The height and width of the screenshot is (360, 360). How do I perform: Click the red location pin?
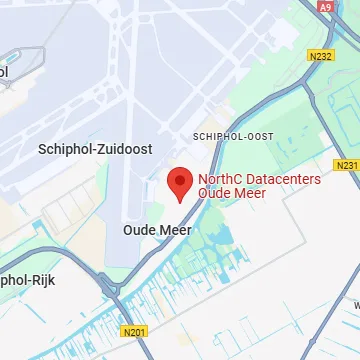point(179,180)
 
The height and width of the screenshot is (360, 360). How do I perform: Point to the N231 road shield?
point(346,165)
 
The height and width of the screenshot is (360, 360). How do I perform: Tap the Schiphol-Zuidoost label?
point(95,148)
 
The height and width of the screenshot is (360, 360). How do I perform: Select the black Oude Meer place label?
point(156,229)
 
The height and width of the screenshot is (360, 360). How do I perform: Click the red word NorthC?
point(220,179)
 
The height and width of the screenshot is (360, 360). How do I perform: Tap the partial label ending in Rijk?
point(25,280)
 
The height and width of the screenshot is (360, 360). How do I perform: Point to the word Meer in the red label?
point(251,193)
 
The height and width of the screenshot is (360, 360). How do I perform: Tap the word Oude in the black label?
point(139,229)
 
